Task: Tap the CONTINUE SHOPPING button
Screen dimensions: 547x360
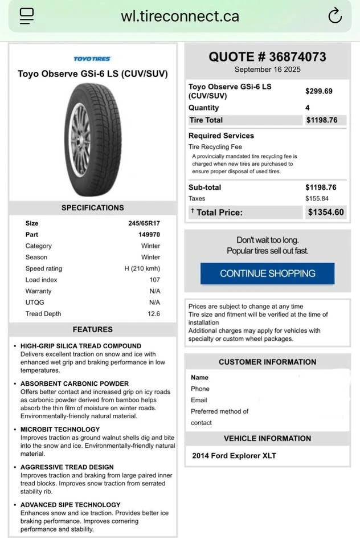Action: [267, 273]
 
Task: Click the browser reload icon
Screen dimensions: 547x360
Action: [335, 16]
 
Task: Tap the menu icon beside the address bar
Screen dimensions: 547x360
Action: [27, 15]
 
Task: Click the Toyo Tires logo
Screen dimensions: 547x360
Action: [92, 59]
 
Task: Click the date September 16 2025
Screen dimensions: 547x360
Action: [267, 70]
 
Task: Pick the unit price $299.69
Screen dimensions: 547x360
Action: [319, 91]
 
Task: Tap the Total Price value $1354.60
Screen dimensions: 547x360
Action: [326, 212]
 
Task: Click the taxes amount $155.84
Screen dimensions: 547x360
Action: [317, 198]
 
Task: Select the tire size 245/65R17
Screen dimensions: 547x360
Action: [144, 223]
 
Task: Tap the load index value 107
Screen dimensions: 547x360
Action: [154, 280]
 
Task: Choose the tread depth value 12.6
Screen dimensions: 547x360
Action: [154, 314]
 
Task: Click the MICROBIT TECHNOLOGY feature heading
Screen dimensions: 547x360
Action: [60, 429]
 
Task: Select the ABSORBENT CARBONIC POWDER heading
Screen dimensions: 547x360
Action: [75, 383]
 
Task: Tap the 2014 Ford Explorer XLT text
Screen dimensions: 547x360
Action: [234, 456]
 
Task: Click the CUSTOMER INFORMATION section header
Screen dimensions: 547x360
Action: [267, 362]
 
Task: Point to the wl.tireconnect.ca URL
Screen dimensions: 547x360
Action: [180, 16]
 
